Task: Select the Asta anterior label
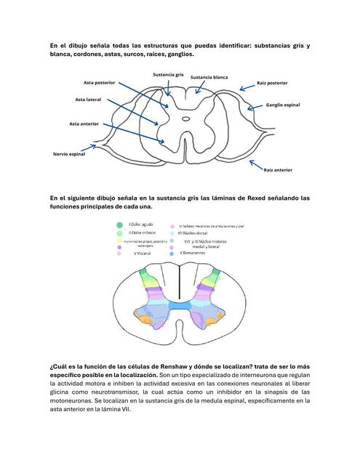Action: point(84,124)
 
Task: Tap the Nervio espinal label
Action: point(69,154)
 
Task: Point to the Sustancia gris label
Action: point(167,74)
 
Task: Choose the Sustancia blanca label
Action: point(209,77)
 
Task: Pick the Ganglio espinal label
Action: point(283,105)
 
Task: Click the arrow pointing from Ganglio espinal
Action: point(256,107)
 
